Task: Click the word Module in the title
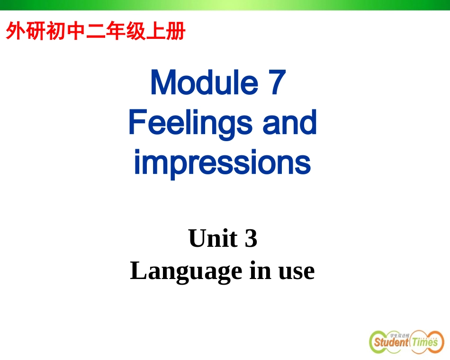tap(204, 82)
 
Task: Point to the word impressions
tap(222, 162)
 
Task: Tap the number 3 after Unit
tap(251, 238)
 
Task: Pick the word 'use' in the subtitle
tap(297, 271)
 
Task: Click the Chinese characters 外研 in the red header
tap(23, 32)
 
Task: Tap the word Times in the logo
tap(424, 342)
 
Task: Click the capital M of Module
tap(162, 82)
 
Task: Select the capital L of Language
tap(138, 271)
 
